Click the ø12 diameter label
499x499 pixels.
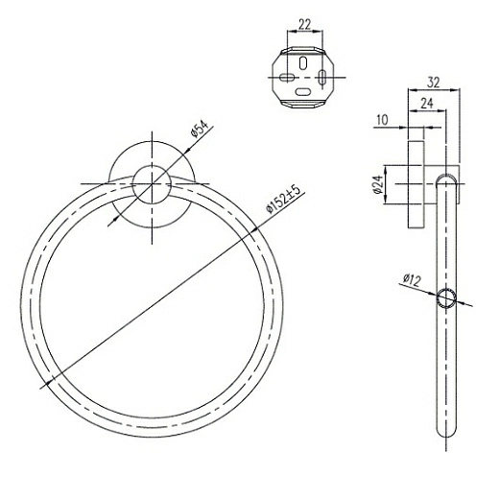tap(412, 280)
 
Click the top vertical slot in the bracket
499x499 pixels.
tap(304, 61)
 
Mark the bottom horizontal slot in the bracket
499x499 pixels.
tap(304, 93)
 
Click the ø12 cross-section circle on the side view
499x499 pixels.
tap(446, 297)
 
